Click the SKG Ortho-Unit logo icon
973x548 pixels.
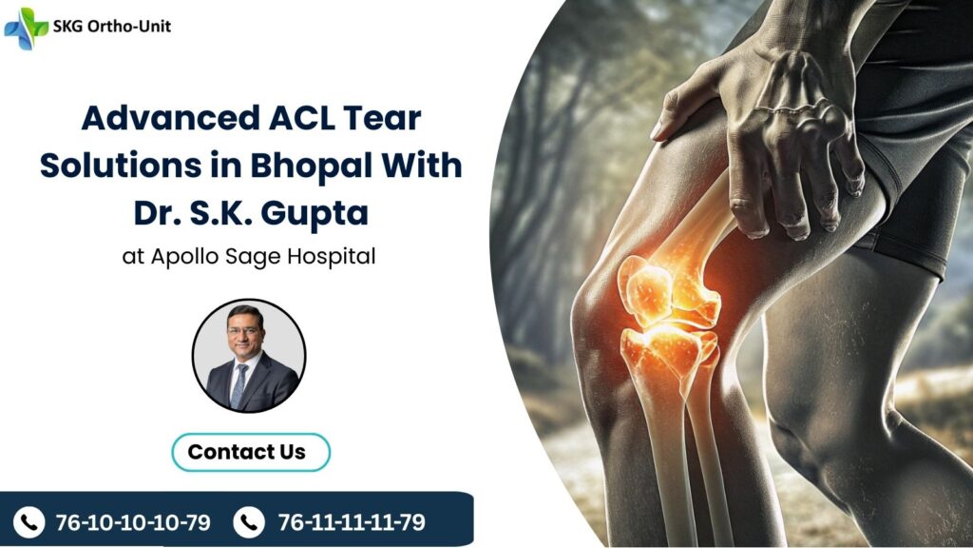[x=26, y=28]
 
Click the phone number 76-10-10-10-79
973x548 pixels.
[x=133, y=521]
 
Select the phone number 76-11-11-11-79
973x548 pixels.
[x=352, y=521]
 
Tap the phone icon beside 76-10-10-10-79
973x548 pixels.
[x=29, y=521]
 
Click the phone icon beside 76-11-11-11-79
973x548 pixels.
[x=249, y=521]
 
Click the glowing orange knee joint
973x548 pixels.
[x=665, y=314]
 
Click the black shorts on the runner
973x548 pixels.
[x=912, y=171]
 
